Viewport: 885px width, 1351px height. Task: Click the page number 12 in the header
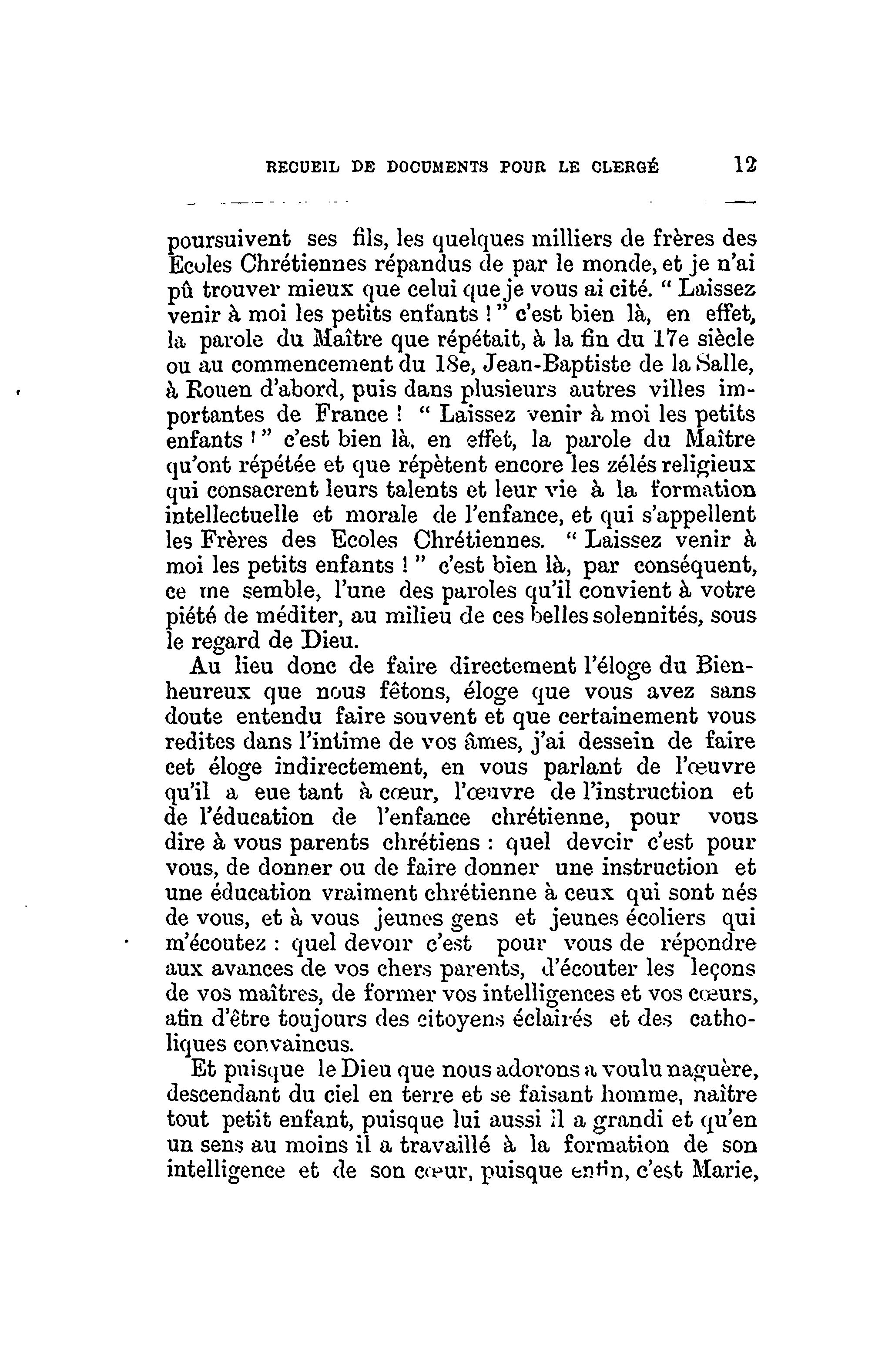tap(745, 165)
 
